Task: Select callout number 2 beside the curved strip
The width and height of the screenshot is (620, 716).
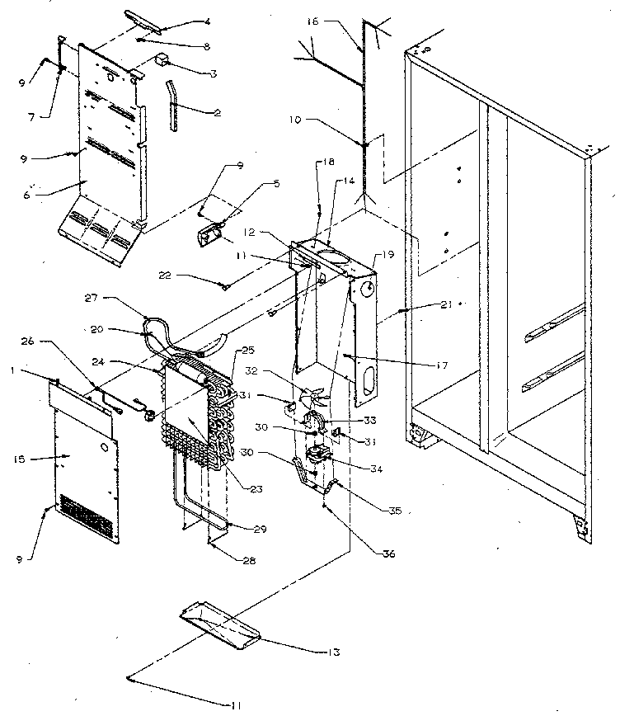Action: point(217,112)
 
